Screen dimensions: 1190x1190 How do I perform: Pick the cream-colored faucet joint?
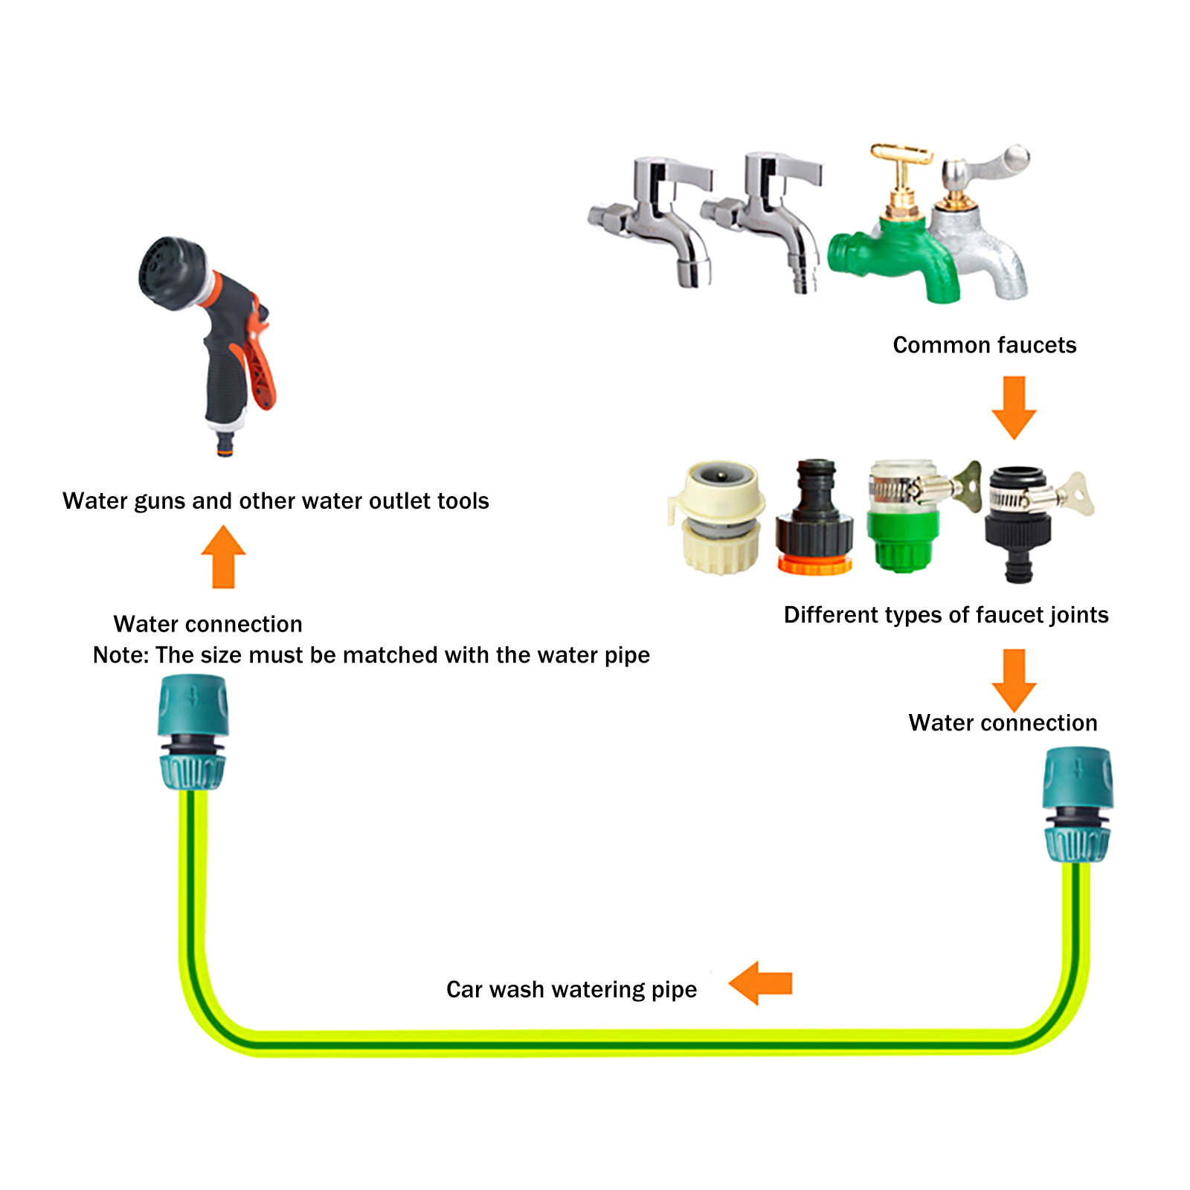pyautogui.click(x=718, y=517)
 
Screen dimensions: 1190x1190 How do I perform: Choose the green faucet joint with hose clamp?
pyautogui.click(x=904, y=521)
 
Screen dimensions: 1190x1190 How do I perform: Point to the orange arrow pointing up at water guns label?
pyautogui.click(x=223, y=558)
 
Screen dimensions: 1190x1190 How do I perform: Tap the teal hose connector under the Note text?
pyautogui.click(x=193, y=733)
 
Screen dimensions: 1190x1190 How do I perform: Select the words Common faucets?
pyautogui.click(x=984, y=345)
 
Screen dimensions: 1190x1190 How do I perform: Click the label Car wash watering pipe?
pyautogui.click(x=571, y=990)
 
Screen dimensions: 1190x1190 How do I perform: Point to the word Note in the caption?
pyautogui.click(x=120, y=655)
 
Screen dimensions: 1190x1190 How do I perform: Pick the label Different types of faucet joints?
pyautogui.click(x=946, y=615)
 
